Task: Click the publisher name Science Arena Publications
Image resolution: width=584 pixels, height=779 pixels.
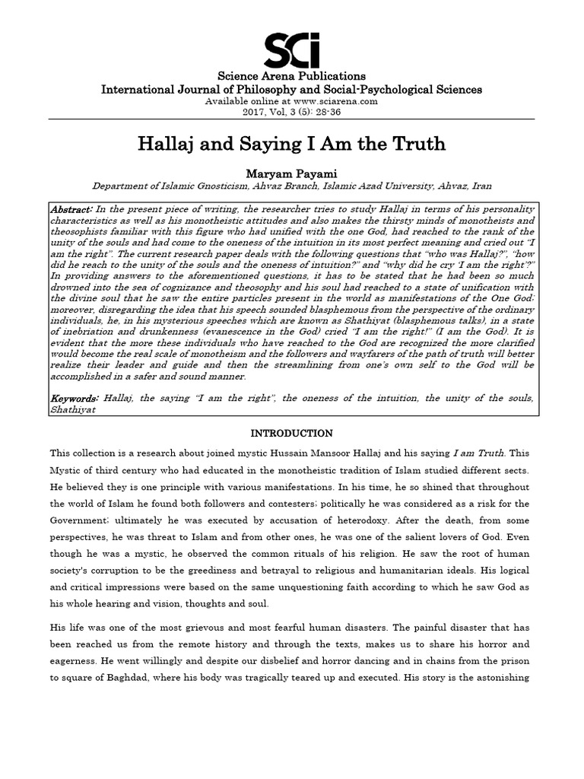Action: (292, 76)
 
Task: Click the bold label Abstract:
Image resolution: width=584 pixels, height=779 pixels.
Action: (71, 209)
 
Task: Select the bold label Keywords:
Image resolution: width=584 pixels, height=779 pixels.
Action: (75, 398)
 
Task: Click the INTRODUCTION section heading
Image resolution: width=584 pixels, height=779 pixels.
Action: (292, 434)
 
